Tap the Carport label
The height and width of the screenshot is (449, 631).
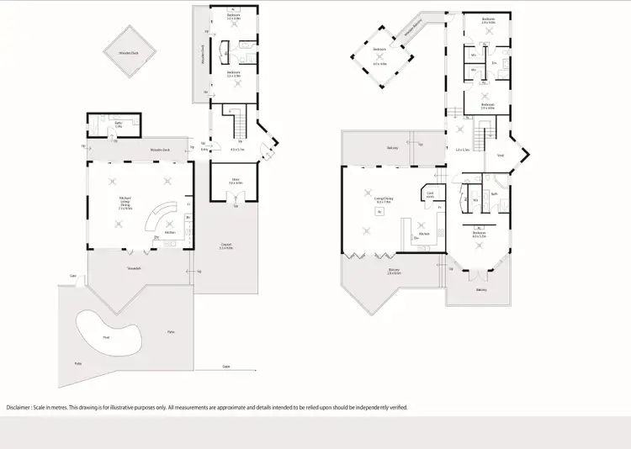point(225,246)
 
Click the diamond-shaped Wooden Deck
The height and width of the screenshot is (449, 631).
point(128,53)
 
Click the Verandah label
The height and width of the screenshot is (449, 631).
point(133,268)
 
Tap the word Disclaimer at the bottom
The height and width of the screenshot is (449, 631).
point(22,407)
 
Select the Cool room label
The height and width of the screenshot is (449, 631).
point(429,195)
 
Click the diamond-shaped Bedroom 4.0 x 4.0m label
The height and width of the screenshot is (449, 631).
point(379,55)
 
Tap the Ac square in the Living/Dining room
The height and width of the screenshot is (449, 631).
point(380,212)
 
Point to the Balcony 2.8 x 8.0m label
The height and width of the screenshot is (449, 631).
point(394,271)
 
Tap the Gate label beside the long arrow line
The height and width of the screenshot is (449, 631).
point(226,367)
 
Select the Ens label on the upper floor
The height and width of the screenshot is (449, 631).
point(495,62)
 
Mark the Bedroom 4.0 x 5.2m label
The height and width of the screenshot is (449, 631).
point(480,236)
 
